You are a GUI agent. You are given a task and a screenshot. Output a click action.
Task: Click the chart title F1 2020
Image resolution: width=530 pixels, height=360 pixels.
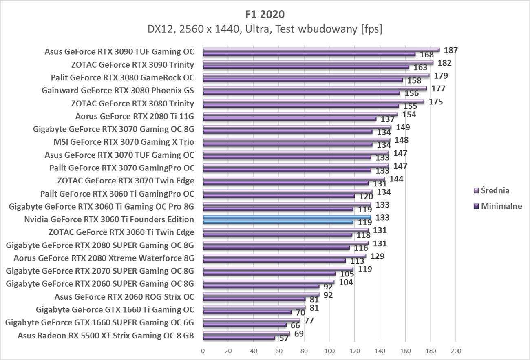pyautogui.click(x=265, y=14)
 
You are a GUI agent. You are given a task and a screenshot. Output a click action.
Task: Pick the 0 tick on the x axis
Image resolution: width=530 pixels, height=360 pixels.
pyautogui.click(x=203, y=351)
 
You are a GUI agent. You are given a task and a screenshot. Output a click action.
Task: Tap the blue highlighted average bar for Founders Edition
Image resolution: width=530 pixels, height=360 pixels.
pyautogui.click(x=287, y=217)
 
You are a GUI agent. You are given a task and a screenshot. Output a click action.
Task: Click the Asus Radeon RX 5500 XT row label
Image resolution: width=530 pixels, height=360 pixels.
pyautogui.click(x=106, y=336)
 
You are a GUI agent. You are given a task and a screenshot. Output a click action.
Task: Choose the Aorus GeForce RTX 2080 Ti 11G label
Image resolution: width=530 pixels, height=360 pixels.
pyautogui.click(x=135, y=116)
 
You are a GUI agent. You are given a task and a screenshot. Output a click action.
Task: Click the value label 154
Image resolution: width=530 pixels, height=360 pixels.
pyautogui.click(x=409, y=114)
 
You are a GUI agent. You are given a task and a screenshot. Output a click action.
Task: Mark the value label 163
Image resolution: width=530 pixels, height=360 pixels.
pyautogui.click(x=420, y=68)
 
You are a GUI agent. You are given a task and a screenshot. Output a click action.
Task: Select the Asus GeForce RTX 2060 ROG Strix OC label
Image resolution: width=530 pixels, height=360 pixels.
pyautogui.click(x=124, y=297)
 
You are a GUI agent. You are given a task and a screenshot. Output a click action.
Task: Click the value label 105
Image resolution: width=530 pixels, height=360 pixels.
pyautogui.click(x=347, y=274)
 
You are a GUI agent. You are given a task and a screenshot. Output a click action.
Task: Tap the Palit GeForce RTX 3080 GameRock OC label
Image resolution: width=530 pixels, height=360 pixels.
pyautogui.click(x=122, y=77)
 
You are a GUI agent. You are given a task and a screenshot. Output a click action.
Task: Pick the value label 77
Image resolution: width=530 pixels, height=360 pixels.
pyautogui.click(x=309, y=320)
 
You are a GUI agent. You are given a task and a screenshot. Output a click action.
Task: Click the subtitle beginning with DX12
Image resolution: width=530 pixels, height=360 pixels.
pyautogui.click(x=265, y=30)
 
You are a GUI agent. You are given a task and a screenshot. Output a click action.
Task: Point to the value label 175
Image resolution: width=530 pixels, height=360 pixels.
pyautogui.click(x=436, y=102)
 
